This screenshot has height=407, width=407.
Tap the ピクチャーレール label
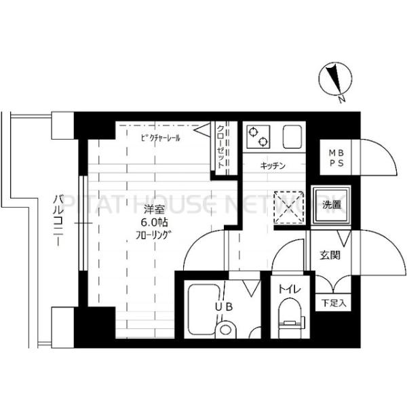point(161,137)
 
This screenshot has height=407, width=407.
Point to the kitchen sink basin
point(293,138)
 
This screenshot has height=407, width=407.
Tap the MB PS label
point(336,158)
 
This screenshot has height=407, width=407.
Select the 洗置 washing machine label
point(331,203)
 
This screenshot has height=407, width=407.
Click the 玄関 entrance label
point(330,256)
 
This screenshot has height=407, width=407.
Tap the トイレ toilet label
point(289,290)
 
